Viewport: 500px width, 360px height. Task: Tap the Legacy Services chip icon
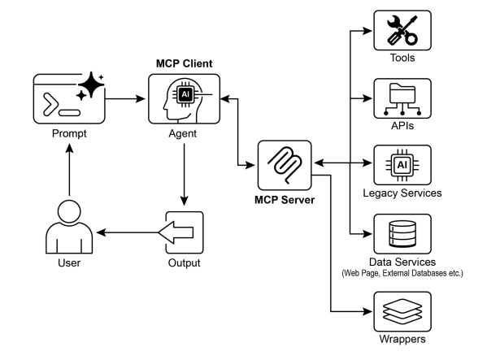point(402,166)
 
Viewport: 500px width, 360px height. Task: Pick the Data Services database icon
point(402,234)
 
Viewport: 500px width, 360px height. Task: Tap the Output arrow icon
point(184,233)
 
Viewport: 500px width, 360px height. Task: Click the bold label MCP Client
point(184,63)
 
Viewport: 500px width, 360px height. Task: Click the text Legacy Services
point(402,193)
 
